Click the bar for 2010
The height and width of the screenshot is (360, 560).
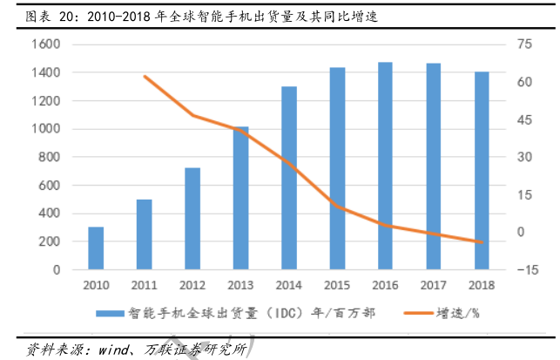pos(96,248)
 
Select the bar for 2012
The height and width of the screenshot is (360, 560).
pos(192,218)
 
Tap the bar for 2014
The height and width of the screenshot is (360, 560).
pos(289,178)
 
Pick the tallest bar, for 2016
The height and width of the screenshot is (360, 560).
pos(385,166)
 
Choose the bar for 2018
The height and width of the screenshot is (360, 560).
pos(481,170)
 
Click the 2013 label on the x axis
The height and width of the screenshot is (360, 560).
pos(240,285)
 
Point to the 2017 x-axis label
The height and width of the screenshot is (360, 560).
pos(433,285)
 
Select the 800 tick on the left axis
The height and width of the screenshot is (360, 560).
pos(49,157)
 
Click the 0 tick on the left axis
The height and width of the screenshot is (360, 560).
pos(57,269)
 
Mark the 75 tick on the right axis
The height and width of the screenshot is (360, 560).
pos(523,44)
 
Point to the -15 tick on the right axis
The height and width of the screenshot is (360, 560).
pos(525,269)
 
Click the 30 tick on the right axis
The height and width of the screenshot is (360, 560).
pos(523,157)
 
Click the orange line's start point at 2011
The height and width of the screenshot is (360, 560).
pos(144,77)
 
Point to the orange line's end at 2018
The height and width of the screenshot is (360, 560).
pos(481,242)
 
